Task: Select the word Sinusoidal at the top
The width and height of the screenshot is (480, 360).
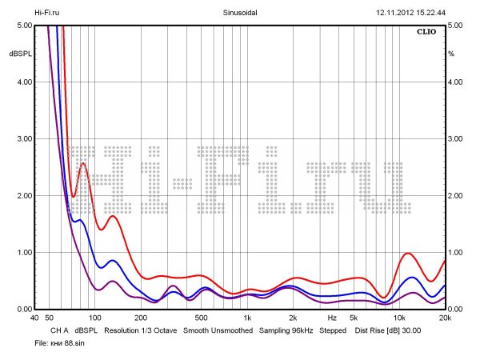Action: coord(238,13)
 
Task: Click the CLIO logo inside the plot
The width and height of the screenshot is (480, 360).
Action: coord(428,33)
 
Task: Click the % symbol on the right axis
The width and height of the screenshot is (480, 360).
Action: coord(451,54)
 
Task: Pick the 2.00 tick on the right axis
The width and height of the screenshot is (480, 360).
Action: coord(456,196)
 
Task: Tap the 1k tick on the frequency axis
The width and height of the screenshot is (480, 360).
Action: coord(247,318)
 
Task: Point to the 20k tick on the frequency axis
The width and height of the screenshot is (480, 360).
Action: coord(444,318)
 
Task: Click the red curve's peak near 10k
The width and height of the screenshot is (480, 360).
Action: coord(409,254)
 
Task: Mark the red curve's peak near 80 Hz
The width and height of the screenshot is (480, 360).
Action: coord(83,163)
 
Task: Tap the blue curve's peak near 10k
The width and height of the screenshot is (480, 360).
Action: coord(411,278)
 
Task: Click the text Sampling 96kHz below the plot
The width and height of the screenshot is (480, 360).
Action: coord(286,330)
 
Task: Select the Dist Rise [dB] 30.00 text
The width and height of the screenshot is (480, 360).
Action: coord(387,330)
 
